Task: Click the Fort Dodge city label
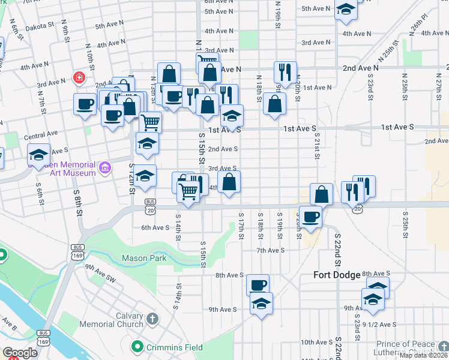tap(337, 275)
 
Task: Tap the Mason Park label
tap(143, 259)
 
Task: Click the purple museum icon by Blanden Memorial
tap(106, 166)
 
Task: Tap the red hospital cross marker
tap(78, 77)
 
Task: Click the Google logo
tap(20, 353)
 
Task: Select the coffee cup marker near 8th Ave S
tap(258, 285)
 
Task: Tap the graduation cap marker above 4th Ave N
tap(346, 10)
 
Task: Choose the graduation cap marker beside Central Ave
tap(38, 155)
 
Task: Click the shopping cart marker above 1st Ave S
tap(151, 122)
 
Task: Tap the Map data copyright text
tap(424, 355)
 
